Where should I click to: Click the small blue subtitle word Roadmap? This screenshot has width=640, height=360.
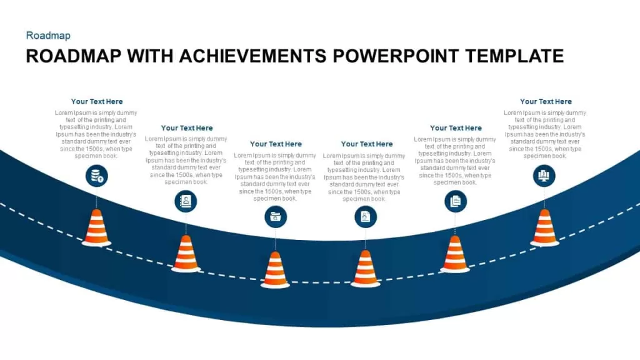point(48,36)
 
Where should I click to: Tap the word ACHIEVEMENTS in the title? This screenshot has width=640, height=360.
point(252,56)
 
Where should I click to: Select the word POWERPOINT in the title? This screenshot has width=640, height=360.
point(396,56)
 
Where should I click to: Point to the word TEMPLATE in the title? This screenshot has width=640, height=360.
point(515,56)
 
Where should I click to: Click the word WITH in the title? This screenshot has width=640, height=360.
point(150,56)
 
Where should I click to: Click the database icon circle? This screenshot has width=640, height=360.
point(97,176)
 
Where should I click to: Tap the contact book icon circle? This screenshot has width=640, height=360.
point(186,201)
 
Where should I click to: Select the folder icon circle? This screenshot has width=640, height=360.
point(276,217)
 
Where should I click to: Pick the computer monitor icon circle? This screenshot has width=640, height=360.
point(544,176)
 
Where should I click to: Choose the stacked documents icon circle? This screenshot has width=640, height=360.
point(456,201)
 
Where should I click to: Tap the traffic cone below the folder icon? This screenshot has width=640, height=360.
point(275,270)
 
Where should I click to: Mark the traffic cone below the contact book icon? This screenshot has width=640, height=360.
point(186,254)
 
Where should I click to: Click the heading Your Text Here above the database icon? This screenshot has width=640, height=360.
point(97,102)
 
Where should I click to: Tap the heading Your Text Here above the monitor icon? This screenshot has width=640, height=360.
point(546,102)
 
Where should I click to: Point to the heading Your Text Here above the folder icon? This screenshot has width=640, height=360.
point(276,144)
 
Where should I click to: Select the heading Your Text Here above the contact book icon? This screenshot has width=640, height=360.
point(187,128)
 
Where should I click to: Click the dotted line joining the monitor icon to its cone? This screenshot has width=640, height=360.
point(544,198)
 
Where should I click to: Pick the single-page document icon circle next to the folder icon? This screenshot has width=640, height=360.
point(366,217)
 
